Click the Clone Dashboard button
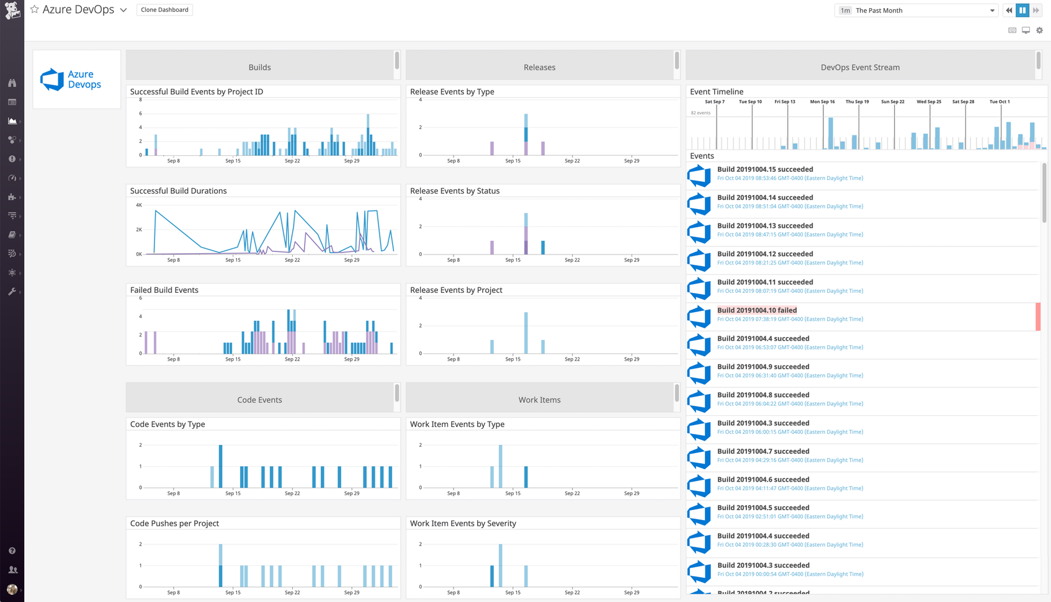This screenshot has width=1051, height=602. (164, 10)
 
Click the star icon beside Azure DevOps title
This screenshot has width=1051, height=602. (35, 10)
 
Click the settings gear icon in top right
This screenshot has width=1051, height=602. (1040, 30)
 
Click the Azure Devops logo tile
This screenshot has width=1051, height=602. (76, 79)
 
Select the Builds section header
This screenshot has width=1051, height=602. (259, 67)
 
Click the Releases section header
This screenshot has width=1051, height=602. (539, 67)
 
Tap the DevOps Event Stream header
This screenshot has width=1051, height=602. (860, 67)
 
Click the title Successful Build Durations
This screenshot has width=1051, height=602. (178, 191)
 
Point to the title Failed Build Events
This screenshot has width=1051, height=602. (164, 290)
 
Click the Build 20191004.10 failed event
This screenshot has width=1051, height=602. (757, 310)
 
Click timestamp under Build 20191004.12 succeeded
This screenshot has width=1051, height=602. (790, 263)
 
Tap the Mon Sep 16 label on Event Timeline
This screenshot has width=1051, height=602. (822, 102)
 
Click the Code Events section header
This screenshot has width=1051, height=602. (259, 400)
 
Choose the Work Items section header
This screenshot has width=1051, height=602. (539, 400)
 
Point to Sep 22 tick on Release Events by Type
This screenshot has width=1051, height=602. (572, 161)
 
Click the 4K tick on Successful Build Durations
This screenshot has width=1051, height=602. (139, 205)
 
